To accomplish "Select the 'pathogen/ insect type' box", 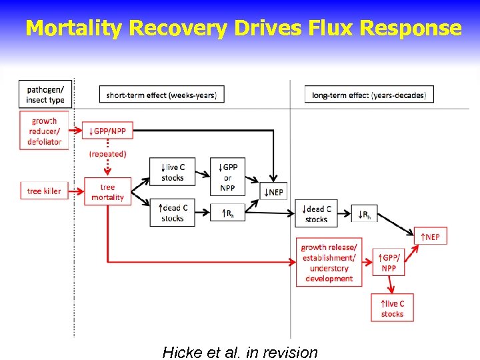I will pos(45,95).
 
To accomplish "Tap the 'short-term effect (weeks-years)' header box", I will pos(161,95).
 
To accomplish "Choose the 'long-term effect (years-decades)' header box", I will pos(369,95).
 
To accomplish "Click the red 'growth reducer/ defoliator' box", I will pos(45,131).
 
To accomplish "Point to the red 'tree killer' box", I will pos(44,191).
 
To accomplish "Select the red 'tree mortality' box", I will pos(107,192).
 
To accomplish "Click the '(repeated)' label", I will pos(107,154).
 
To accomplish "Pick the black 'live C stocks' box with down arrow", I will pos(172,172).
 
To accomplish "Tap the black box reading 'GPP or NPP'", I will pos(229,172).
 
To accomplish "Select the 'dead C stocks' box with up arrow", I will pos(172,213).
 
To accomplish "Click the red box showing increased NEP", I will pos(431,236).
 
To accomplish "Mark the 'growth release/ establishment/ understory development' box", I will pos(329,263).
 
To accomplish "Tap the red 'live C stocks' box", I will pos(392,308).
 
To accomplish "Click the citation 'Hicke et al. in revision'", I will pos(240,352).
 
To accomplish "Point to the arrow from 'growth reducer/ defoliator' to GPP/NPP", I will pos(75,131).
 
